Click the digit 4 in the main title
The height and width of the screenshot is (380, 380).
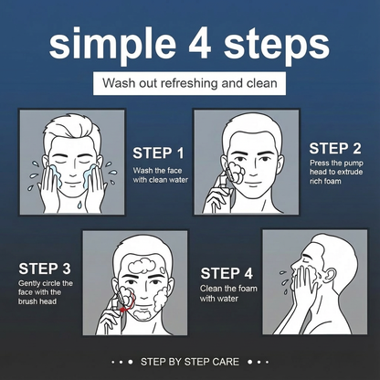pos(199,43)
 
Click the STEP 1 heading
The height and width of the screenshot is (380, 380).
pos(158,153)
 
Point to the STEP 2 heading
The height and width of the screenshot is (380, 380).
pos(335,149)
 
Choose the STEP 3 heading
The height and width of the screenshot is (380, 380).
pos(45,269)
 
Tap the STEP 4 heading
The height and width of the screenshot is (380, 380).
pos(227,273)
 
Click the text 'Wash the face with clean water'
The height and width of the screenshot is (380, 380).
pos(160,175)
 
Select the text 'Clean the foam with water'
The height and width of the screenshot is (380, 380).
pos(228,293)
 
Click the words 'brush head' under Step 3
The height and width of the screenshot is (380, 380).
pos(37,301)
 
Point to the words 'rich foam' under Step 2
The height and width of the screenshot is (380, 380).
pos(325,181)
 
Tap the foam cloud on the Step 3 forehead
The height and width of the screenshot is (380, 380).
pos(142,266)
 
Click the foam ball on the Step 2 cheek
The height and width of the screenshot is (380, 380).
pos(237,173)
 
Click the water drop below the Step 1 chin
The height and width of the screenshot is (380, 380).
pos(79,205)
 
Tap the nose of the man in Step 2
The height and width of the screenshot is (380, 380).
pos(253,170)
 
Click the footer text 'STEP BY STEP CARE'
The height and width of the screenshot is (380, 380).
pos(190,362)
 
